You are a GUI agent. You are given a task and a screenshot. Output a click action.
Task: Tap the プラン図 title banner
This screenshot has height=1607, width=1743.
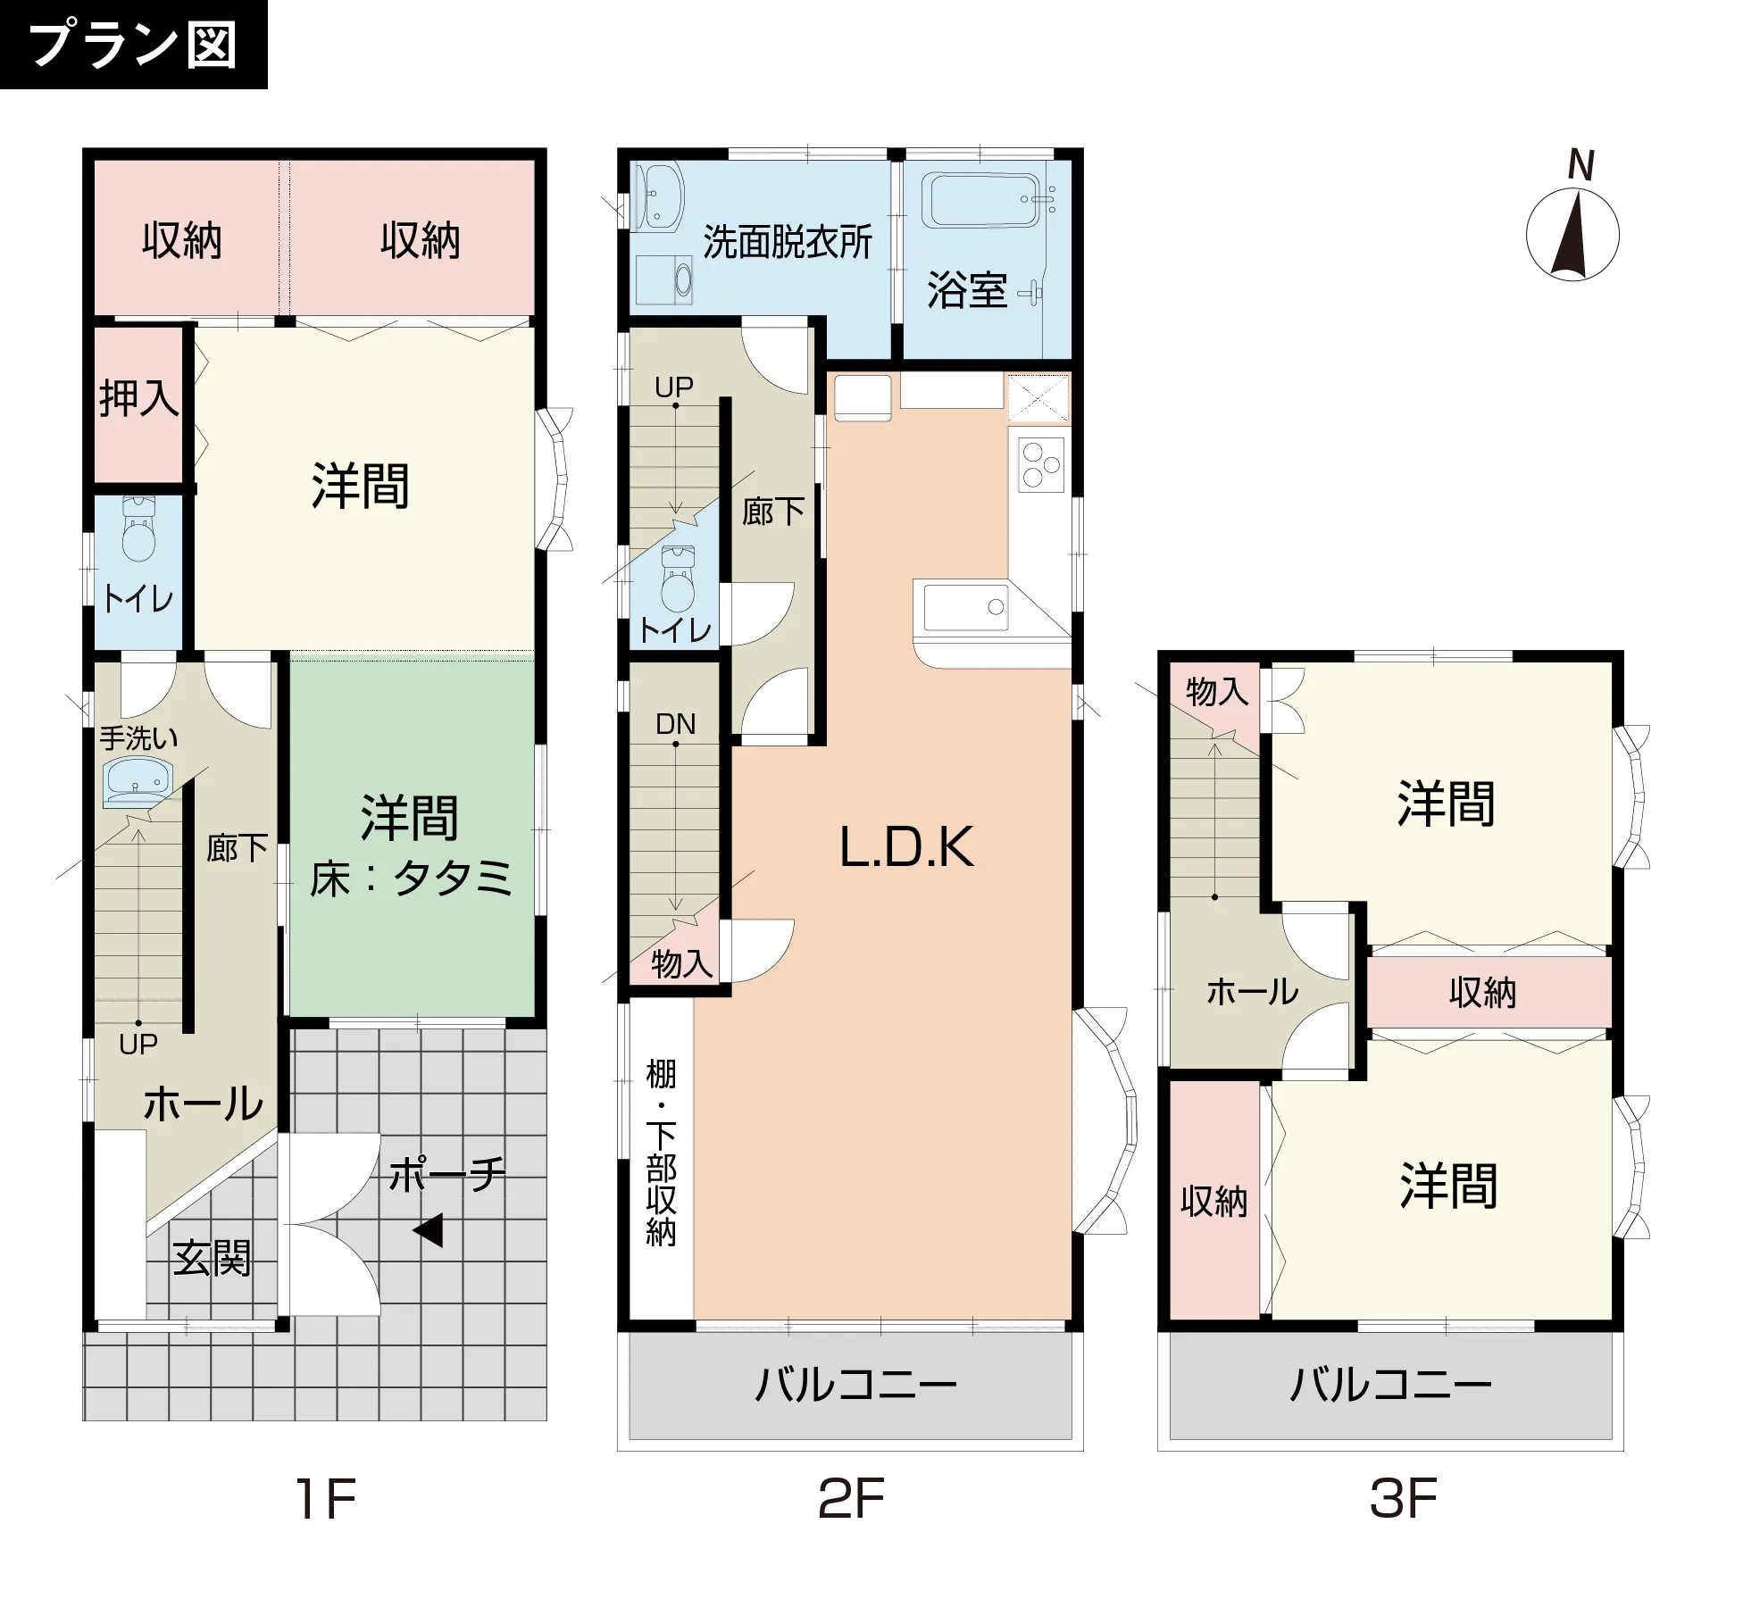click(x=133, y=45)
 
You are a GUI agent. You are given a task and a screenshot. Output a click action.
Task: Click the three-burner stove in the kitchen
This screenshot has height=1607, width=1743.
click(x=1041, y=464)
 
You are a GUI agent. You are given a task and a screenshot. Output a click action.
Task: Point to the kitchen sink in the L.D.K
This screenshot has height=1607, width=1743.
click(x=964, y=607)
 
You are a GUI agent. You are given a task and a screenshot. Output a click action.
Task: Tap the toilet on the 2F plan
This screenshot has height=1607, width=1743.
click(x=678, y=579)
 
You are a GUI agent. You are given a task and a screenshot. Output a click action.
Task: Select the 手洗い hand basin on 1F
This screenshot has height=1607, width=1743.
click(x=136, y=782)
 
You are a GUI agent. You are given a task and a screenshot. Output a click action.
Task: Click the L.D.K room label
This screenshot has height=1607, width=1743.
click(x=906, y=847)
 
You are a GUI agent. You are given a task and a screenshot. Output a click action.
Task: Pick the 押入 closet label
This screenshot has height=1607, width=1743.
click(x=138, y=398)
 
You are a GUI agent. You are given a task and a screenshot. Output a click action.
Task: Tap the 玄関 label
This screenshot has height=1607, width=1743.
click(x=212, y=1259)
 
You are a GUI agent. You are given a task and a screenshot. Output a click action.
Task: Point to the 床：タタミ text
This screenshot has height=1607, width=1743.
click(x=412, y=878)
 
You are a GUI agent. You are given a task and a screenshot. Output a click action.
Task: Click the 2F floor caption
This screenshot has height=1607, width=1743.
click(x=851, y=1499)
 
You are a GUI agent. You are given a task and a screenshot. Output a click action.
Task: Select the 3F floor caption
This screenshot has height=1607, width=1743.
click(x=1403, y=1499)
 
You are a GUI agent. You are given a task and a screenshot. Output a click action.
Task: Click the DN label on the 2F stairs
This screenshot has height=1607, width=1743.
click(x=675, y=724)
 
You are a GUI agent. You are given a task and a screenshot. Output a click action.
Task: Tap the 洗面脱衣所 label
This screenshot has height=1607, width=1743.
click(x=787, y=242)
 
